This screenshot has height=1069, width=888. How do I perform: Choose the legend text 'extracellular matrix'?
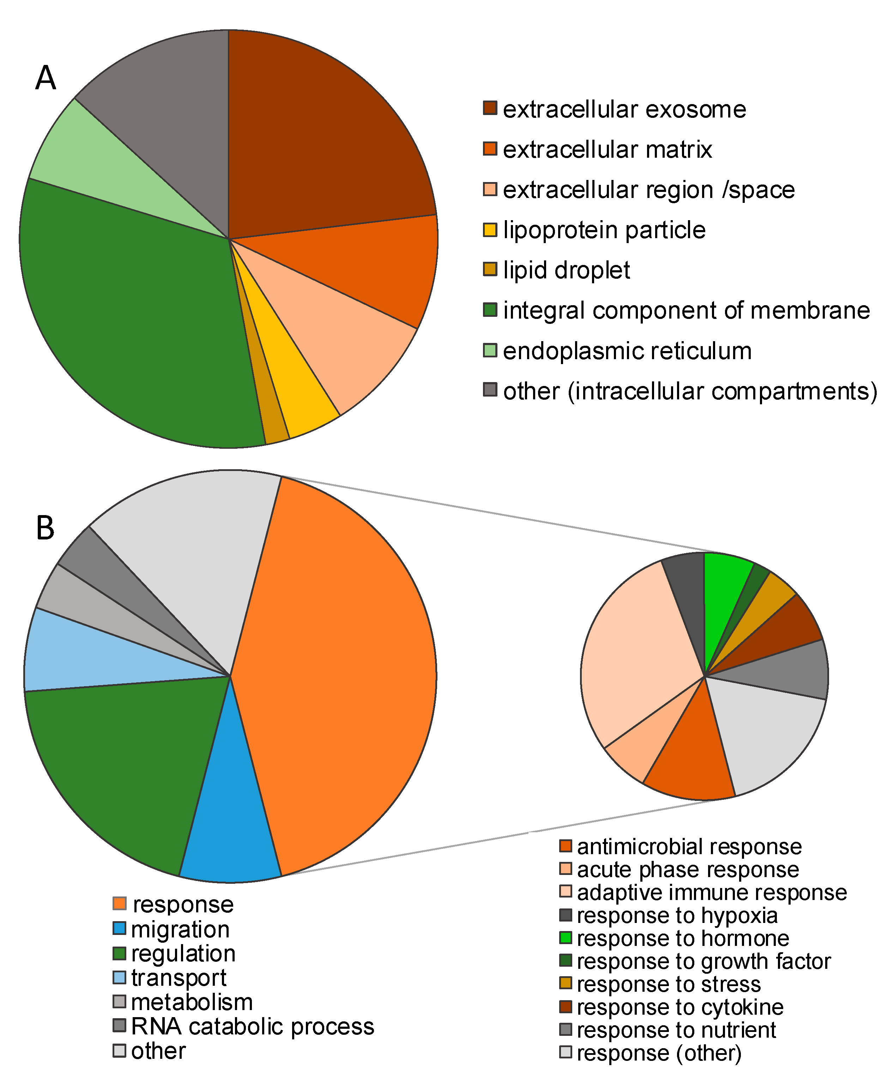click(x=607, y=150)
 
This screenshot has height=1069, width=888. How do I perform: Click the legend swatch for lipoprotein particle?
click(x=490, y=230)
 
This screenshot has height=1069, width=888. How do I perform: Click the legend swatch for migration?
click(x=119, y=928)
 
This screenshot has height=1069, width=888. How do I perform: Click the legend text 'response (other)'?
click(x=659, y=1053)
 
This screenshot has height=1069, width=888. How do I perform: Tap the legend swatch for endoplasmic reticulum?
click(x=490, y=350)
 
